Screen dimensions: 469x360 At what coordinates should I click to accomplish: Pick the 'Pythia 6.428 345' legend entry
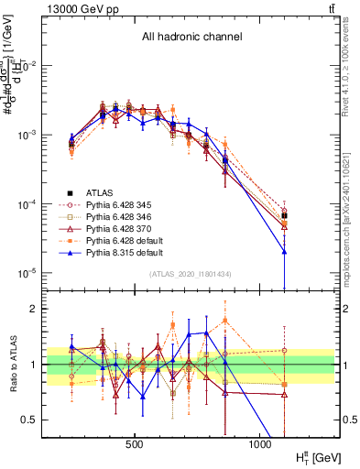point(119,206)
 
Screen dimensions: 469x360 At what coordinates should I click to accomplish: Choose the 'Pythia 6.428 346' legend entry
point(119,219)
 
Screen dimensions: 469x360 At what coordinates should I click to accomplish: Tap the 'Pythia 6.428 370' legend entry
point(119,232)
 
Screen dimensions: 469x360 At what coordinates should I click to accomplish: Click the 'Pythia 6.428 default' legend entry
point(124,245)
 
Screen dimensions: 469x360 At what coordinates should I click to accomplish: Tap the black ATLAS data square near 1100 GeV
point(285,216)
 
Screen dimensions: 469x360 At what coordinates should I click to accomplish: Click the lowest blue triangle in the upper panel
point(285,252)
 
